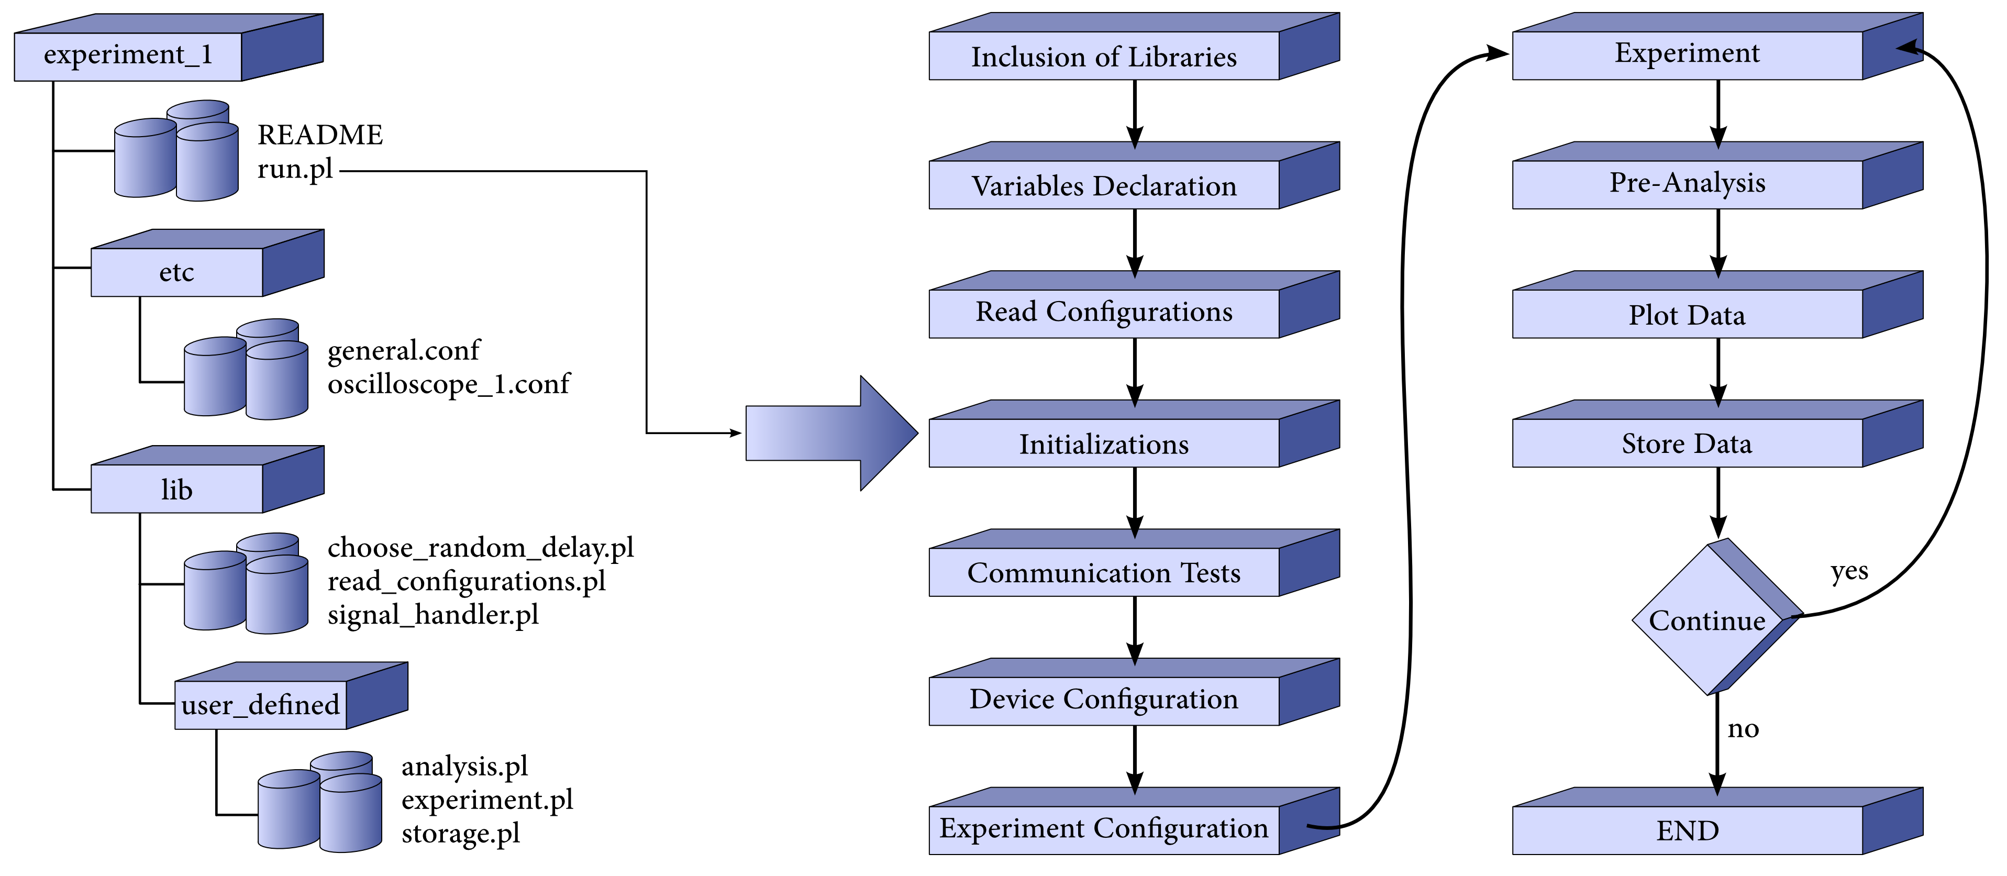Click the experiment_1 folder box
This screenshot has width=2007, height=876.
tap(129, 56)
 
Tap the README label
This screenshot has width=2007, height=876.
tap(319, 135)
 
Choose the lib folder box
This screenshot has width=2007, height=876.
tap(177, 490)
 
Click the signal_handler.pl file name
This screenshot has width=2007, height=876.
tap(433, 615)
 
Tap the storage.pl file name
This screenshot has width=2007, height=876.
tap(460, 833)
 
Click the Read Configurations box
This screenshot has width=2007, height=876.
tap(1103, 313)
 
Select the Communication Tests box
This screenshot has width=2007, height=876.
tap(1103, 573)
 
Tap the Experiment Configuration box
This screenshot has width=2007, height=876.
tap(1103, 828)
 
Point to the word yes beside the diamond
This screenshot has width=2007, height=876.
tap(1849, 571)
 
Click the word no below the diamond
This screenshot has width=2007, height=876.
tap(1743, 729)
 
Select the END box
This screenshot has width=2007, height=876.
tap(1687, 831)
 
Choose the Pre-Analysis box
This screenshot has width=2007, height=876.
tap(1687, 183)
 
